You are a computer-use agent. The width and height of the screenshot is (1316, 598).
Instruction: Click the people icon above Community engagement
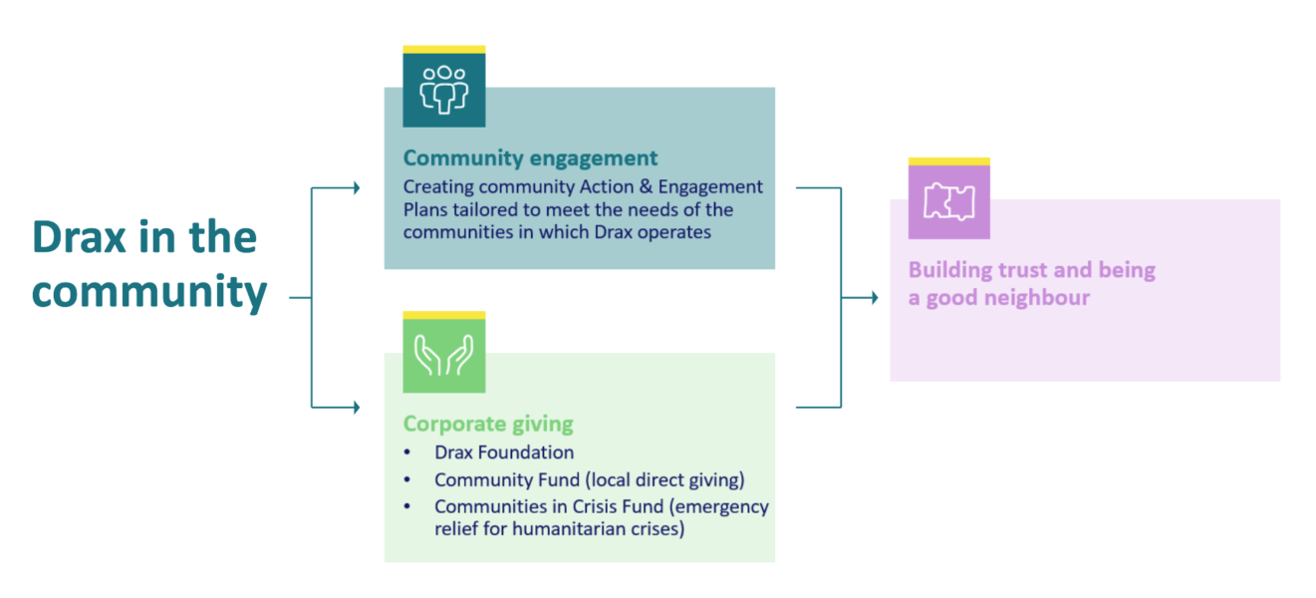[443, 89]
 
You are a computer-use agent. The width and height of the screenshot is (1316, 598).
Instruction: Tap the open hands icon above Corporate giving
[443, 354]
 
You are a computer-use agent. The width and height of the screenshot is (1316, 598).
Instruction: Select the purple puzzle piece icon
[948, 201]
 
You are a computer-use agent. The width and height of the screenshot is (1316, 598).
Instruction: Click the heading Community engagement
[530, 158]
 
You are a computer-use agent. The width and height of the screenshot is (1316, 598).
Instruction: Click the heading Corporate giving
[488, 424]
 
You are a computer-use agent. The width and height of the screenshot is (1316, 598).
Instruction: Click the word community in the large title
[149, 291]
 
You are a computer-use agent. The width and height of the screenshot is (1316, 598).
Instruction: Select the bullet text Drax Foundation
[504, 452]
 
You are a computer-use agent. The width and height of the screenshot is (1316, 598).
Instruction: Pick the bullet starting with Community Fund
[589, 479]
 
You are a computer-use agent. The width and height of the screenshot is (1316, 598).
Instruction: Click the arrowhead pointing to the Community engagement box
[356, 187]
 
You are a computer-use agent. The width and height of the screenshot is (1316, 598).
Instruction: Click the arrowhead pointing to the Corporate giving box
[356, 407]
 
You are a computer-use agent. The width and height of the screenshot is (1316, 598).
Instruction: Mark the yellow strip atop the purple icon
[948, 160]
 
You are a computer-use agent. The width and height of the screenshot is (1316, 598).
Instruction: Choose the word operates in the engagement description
[677, 231]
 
